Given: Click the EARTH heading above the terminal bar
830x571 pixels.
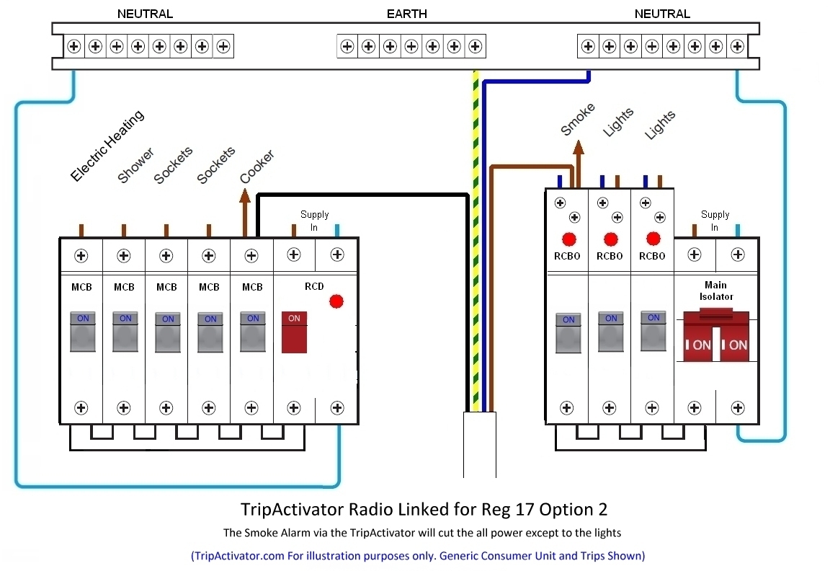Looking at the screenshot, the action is [406, 14].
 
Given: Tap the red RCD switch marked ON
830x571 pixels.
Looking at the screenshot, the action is [294, 332].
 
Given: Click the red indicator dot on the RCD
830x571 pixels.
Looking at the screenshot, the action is [336, 301].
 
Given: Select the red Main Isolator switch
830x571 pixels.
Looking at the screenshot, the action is [716, 337].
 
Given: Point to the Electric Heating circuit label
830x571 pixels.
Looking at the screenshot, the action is [107, 146].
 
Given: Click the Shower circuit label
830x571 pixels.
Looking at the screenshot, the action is [135, 165].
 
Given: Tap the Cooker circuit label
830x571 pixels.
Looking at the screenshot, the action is [256, 167].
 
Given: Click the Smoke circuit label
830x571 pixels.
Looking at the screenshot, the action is [578, 119].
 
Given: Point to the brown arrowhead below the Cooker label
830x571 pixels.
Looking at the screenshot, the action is [244, 197].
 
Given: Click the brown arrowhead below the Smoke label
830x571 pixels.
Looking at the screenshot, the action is [579, 147].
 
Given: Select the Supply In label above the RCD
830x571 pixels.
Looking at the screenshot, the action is [314, 221].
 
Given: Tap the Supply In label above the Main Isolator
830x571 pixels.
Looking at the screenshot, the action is [715, 221].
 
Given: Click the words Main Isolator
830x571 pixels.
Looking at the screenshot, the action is [716, 291].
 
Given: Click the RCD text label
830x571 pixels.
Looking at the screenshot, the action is [314, 286].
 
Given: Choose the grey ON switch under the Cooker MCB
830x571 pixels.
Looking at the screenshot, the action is [252, 332].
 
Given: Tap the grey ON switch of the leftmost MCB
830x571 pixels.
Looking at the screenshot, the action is [83, 332].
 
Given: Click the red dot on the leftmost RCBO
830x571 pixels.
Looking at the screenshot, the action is [569, 239].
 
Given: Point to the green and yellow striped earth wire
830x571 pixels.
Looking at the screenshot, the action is [476, 241].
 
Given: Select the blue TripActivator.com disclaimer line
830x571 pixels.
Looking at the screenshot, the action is [418, 556].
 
